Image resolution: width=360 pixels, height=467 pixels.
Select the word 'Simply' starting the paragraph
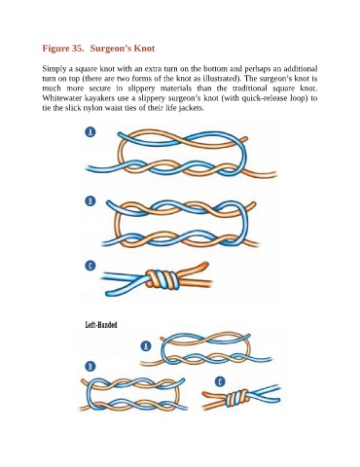[52, 69]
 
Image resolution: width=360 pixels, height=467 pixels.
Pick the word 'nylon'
[90, 108]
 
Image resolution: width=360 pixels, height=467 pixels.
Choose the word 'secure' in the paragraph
[100, 89]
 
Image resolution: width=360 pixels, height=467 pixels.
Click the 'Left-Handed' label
[101, 325]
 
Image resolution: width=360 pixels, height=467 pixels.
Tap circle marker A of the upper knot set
[90, 131]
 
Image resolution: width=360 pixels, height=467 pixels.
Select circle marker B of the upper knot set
[90, 201]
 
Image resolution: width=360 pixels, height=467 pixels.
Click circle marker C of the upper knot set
[90, 267]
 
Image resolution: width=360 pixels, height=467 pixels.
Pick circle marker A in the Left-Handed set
[146, 346]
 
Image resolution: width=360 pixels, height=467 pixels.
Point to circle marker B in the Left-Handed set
[90, 367]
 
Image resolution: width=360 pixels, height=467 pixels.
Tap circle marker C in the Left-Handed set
[220, 381]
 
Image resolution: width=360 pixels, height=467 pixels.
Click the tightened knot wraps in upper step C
[162, 279]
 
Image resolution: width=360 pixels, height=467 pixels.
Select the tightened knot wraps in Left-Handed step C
[238, 398]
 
